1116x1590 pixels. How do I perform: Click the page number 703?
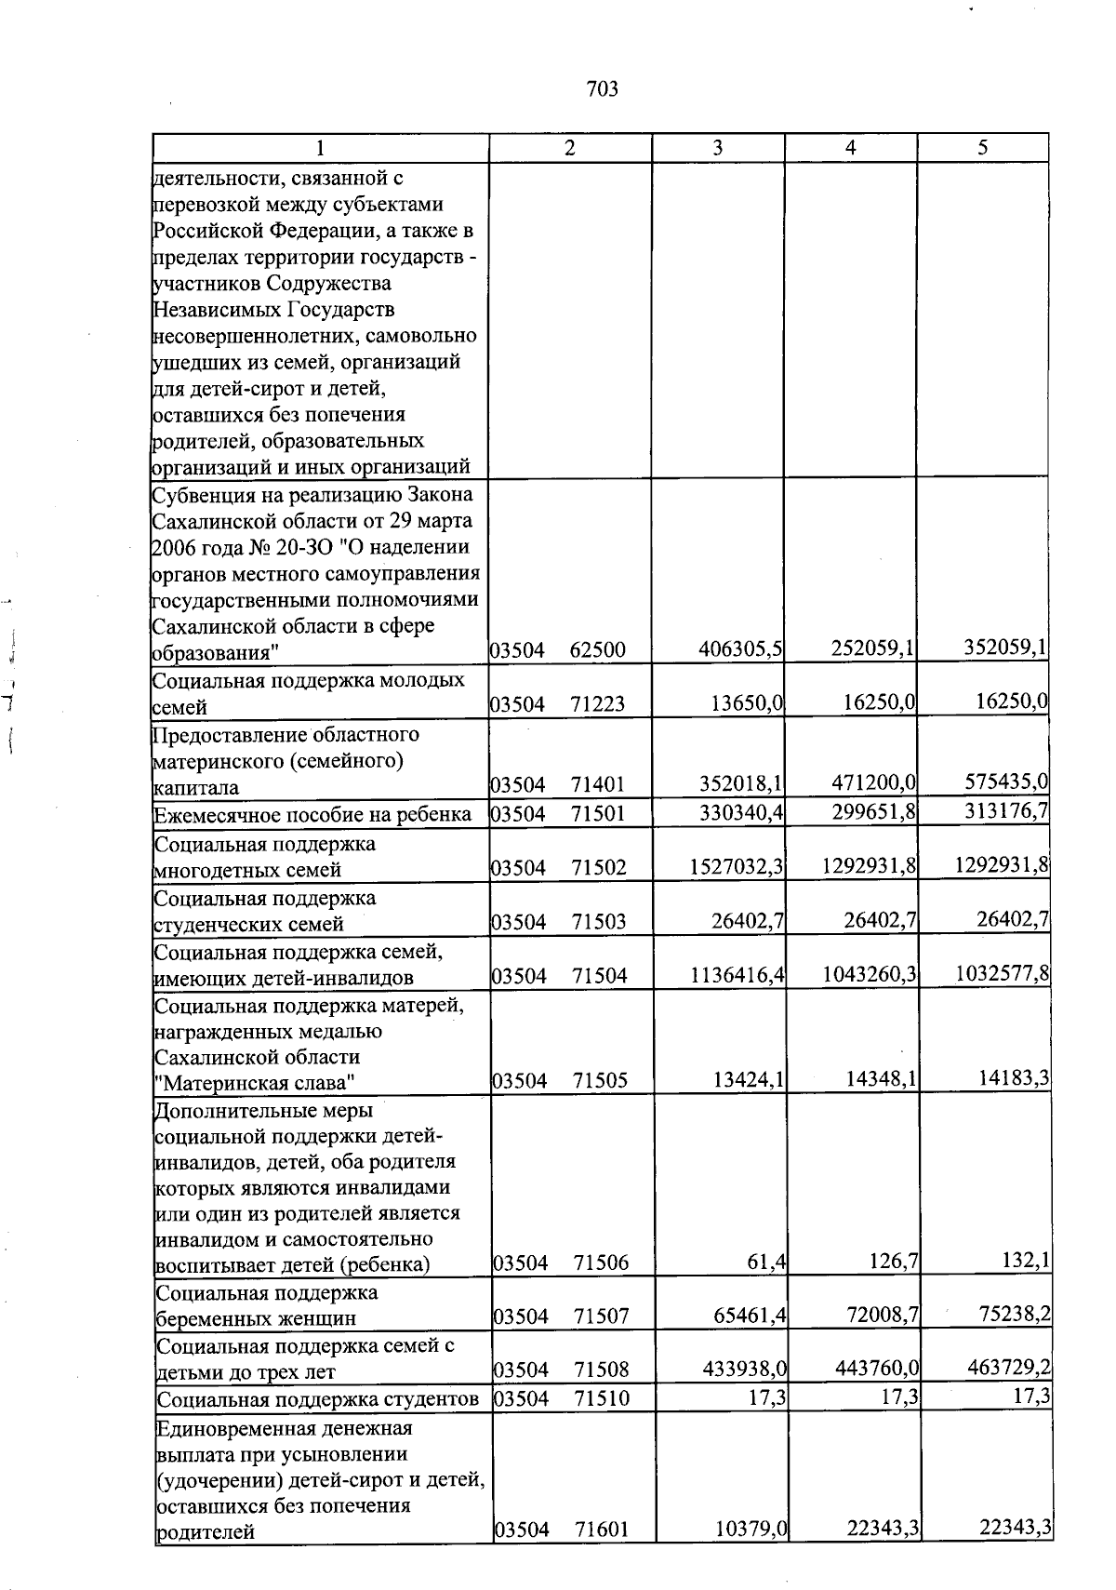(x=603, y=89)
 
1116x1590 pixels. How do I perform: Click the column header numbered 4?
(x=850, y=148)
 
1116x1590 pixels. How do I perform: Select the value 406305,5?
(x=740, y=649)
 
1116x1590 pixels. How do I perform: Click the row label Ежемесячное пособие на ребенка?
(x=312, y=816)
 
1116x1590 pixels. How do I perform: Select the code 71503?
(x=599, y=922)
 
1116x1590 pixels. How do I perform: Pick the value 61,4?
(x=768, y=1262)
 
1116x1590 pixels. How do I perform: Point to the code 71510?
(x=601, y=1397)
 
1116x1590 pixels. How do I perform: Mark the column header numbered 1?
(x=320, y=148)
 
